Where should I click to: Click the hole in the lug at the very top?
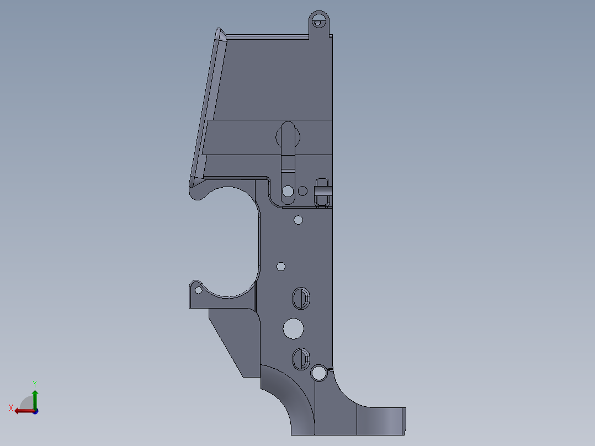pos(318,22)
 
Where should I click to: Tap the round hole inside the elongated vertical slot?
pos(288,192)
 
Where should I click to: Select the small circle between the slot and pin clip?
pos(302,191)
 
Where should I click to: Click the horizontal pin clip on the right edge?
pos(323,191)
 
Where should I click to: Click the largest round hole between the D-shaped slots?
pos(293,328)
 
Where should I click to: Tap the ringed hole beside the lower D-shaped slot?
pos(318,373)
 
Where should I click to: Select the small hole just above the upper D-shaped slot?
pos(281,267)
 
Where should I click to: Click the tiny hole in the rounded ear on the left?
pos(198,290)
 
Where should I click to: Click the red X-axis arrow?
pos(22,411)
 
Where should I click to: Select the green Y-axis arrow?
pos(35,398)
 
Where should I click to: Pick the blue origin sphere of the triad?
pos(35,411)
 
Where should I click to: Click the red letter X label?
pos(10,408)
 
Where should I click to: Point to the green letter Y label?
pos(34,383)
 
